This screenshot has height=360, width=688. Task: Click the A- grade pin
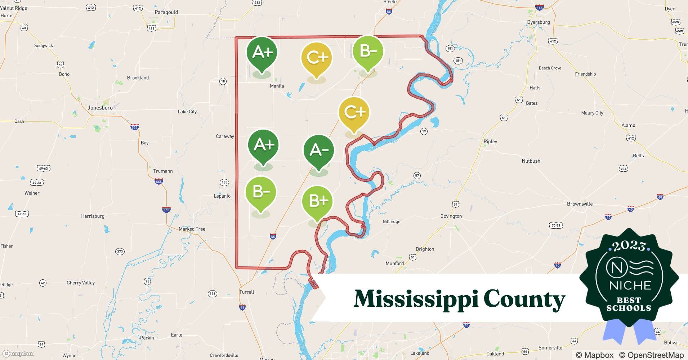[x=319, y=150]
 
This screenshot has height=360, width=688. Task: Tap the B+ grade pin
[x=317, y=201]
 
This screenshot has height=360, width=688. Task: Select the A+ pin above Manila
[x=262, y=53]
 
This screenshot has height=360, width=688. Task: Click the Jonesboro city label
[x=100, y=108]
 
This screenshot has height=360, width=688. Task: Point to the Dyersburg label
[x=538, y=22]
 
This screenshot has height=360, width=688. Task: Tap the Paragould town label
[x=166, y=12]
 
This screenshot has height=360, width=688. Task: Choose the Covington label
[x=451, y=216]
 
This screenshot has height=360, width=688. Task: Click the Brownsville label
[x=580, y=204]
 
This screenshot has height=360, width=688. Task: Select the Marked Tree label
[x=192, y=229]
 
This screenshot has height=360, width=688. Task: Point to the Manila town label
[x=277, y=86]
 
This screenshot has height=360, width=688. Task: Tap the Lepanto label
[x=222, y=196]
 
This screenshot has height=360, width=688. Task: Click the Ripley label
[x=490, y=141]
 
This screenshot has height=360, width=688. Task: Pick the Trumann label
[x=163, y=171]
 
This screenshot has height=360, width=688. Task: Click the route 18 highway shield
[x=223, y=81]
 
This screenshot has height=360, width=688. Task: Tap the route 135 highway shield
[x=224, y=182]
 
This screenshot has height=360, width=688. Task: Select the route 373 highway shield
[x=120, y=251]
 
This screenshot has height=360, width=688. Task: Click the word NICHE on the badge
[x=630, y=285]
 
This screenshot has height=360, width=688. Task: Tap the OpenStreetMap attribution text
[x=651, y=355]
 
